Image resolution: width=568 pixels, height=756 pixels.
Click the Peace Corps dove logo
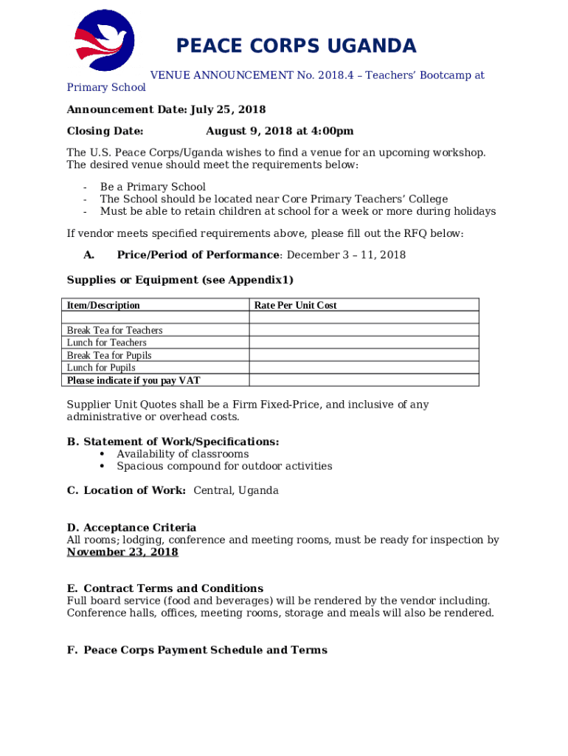pos(105,40)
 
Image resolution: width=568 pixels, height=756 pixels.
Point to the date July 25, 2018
pos(228,110)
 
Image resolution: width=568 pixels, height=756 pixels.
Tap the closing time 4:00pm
pos(330,131)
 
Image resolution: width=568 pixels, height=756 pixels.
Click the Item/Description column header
pos(103,305)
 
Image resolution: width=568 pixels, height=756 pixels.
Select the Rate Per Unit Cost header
pos(295,305)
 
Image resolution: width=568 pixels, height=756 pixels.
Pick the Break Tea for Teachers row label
pos(114,330)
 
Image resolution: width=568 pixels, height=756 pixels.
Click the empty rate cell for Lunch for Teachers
pos(364,343)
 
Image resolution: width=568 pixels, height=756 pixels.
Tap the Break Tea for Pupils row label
pos(109,355)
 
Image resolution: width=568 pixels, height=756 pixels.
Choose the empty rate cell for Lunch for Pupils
pos(364,368)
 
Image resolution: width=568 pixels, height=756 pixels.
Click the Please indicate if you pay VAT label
pos(134,380)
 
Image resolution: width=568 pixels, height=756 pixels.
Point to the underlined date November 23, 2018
pos(122,552)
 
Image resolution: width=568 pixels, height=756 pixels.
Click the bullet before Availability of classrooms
pos(101,454)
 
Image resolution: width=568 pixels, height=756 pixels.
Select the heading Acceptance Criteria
pos(139,528)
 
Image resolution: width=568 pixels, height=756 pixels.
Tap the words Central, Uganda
pos(236,491)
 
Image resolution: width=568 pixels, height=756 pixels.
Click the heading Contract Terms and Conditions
pos(173,588)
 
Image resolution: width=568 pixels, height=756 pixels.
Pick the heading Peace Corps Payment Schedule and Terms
pos(205,650)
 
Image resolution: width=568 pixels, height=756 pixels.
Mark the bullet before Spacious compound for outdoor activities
pos(101,467)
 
